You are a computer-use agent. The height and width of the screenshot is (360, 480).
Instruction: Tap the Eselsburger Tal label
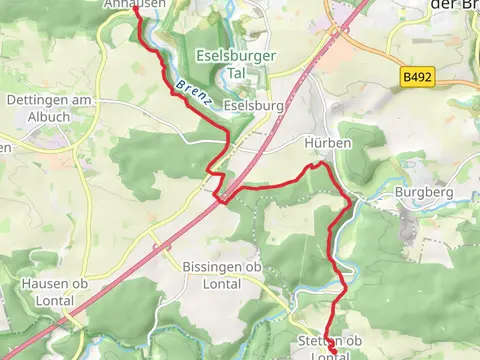pos(222,65)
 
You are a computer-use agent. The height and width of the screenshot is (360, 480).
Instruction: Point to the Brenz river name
pos(190,91)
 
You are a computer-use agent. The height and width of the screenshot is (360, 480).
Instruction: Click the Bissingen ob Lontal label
pos(222,275)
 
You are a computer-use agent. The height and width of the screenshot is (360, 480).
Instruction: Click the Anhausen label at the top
pos(134,5)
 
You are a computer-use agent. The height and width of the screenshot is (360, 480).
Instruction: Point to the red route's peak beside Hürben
pos(320,163)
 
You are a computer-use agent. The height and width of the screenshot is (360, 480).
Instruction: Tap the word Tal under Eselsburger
pos(222,74)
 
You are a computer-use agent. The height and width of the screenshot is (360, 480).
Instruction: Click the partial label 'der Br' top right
pos(456,5)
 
